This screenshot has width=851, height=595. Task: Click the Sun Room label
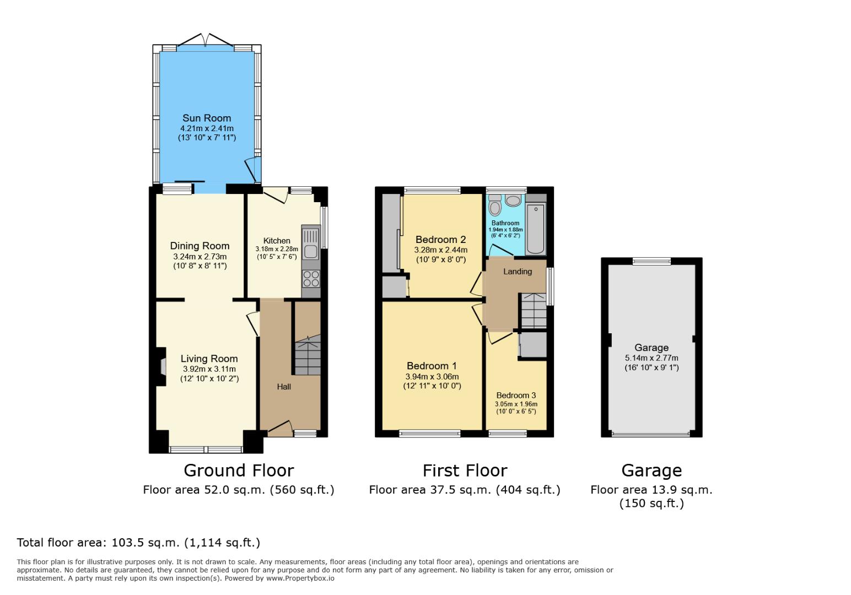[x=207, y=118]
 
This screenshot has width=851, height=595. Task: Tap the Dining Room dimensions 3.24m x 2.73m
[x=200, y=257]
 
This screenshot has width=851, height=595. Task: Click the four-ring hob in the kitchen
[x=311, y=279]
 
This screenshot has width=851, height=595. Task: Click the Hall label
[x=284, y=387]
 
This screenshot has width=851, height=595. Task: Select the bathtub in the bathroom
[x=535, y=228]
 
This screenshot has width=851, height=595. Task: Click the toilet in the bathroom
[x=495, y=208]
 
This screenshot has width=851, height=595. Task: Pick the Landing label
[x=518, y=271]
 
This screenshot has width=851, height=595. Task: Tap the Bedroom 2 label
[x=440, y=240]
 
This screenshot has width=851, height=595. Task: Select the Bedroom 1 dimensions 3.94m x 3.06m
[x=432, y=377]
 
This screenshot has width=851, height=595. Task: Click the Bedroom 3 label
[x=516, y=396]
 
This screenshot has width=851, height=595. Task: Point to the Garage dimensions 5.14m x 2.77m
[x=651, y=358]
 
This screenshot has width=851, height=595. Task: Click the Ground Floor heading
[x=238, y=470]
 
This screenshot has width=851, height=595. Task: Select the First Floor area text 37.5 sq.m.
[x=464, y=490]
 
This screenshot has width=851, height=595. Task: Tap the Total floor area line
[x=138, y=543]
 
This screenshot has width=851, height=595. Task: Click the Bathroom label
[x=505, y=223]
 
